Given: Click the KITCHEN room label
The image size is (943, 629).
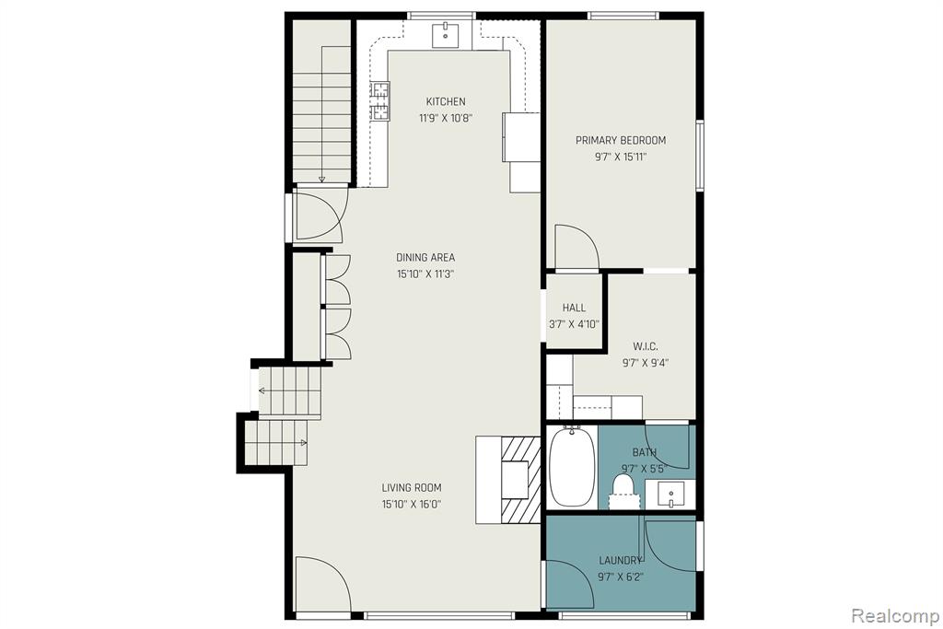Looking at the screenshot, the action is click(446, 101).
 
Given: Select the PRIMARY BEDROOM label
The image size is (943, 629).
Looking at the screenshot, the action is click(621, 140).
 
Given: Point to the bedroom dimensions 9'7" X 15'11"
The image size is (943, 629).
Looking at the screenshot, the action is click(621, 157).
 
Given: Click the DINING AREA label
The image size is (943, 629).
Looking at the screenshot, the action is click(425, 257).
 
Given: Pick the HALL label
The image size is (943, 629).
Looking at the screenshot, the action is click(574, 308).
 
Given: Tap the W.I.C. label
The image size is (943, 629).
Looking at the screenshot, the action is click(646, 346).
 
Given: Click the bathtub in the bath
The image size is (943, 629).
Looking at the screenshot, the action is click(573, 467).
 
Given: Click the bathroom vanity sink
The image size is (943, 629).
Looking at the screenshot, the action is click(670, 495).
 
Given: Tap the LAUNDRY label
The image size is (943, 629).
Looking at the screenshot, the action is click(621, 561).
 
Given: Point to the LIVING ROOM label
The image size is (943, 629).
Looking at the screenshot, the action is click(412, 488).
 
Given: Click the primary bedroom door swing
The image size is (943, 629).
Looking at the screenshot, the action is click(576, 247).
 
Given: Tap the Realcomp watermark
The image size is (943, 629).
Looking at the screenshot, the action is click(895, 616).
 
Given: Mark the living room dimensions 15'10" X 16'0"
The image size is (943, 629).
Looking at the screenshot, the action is click(412, 505).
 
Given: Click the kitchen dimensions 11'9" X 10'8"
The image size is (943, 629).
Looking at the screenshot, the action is click(446, 119).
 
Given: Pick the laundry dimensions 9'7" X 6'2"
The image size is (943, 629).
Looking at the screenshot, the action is click(621, 577).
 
